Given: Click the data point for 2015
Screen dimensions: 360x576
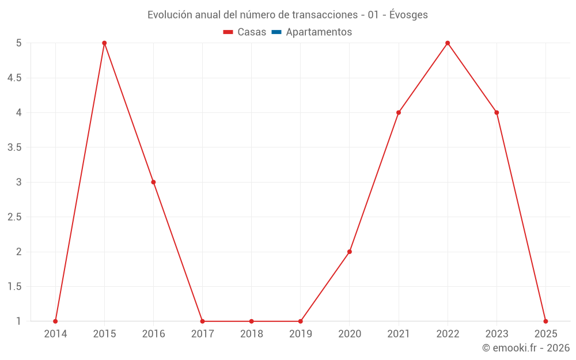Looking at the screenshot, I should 104,43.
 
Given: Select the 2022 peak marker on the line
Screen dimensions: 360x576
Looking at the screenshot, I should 448,43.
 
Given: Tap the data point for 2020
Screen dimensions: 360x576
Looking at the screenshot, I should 350,252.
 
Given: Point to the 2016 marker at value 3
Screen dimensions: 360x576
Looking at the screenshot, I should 153,182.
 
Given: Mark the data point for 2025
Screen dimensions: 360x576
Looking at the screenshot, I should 545,321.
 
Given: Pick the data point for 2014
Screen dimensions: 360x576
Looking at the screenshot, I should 55,321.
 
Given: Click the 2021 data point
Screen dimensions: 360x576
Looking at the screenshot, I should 399,112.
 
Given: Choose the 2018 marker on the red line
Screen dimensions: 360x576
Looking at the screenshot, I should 252,321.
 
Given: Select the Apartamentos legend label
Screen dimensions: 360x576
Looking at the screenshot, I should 319,32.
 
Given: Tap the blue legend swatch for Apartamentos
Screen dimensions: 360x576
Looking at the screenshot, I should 276,32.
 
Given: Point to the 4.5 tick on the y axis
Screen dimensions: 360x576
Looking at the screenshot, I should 14,78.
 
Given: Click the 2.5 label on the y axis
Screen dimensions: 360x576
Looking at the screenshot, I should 14,217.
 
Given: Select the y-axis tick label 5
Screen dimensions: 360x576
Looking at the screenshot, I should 18,43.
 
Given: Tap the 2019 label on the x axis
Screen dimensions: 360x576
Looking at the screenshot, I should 301,334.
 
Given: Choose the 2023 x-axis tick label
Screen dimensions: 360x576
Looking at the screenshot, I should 497,334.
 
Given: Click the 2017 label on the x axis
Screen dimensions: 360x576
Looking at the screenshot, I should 202,334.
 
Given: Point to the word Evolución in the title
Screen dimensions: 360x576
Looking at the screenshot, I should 169,15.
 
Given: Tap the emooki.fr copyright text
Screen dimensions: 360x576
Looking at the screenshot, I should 526,348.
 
